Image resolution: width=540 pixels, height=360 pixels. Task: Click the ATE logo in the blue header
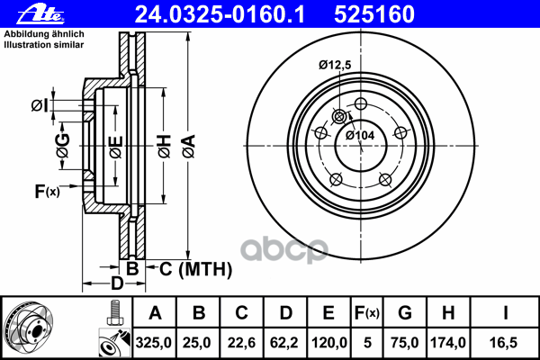40,14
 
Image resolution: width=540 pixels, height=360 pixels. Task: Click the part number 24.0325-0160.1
220,14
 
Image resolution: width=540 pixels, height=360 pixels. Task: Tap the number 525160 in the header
374,14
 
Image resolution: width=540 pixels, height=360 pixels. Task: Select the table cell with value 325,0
154,342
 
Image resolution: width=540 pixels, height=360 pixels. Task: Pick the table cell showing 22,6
241,342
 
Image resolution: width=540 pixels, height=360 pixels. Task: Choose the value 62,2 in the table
284,342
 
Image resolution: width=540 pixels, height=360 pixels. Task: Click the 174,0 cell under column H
448,342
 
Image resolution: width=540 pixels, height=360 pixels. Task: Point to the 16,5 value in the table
503,342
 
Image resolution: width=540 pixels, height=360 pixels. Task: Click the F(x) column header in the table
367,313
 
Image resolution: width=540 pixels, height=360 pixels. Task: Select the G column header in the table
405,313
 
